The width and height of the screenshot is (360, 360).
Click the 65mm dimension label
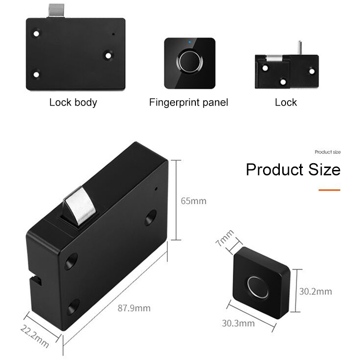pos(193,201)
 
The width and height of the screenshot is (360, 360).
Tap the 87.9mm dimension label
pos(134,308)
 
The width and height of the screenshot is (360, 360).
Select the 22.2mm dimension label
pos(35,336)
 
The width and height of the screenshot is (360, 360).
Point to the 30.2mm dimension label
pos(315,291)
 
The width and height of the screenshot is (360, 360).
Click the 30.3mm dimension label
pos(238,323)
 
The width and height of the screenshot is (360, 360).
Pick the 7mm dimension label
pos(225,238)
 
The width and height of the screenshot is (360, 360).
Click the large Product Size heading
pos(293,169)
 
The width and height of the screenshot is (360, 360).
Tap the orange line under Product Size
pos(329,190)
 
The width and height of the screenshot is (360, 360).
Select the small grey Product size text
pos(328,152)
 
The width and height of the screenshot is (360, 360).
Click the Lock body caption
pos(73,102)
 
